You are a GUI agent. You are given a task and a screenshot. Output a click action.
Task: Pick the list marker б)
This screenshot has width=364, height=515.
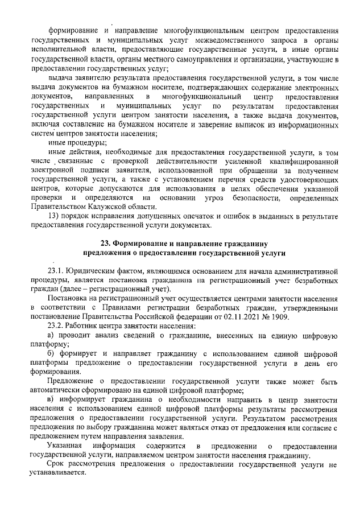tap(51, 354)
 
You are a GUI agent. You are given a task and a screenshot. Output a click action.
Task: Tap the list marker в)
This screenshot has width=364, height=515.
tap(51, 399)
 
